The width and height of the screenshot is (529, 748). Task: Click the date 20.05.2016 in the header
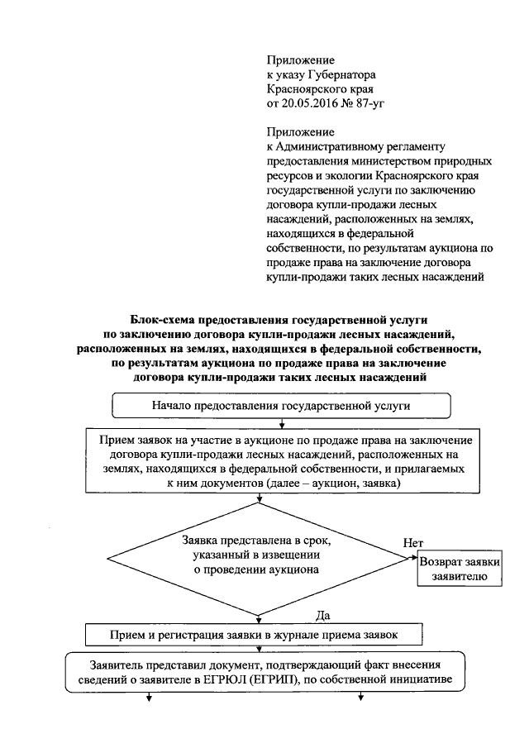point(310,102)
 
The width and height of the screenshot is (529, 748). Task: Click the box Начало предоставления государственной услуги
point(281,406)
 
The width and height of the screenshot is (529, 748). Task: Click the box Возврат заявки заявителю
point(459,569)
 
